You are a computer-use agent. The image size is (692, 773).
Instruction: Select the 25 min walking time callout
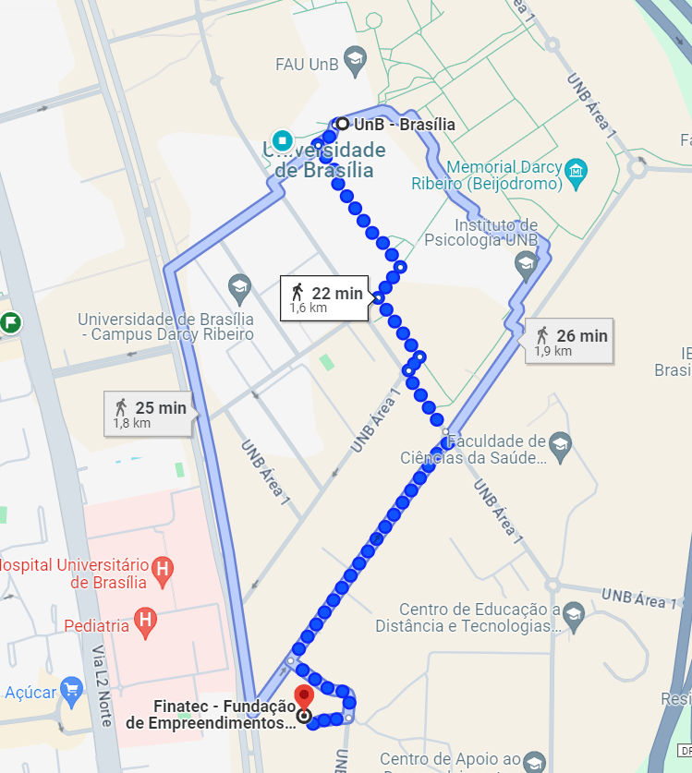tap(150, 413)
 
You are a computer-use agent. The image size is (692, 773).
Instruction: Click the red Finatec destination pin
tap(303, 696)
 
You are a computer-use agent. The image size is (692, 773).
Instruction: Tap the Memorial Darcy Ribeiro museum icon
tap(577, 172)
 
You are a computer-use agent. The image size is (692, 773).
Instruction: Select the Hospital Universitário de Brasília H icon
tap(163, 568)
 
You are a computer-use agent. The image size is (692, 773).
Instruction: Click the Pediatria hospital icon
tap(145, 623)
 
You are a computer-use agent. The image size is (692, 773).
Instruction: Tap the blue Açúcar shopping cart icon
tap(71, 690)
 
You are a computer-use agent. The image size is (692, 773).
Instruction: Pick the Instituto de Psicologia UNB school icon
tap(527, 265)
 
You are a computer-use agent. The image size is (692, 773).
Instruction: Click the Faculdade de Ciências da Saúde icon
tap(559, 443)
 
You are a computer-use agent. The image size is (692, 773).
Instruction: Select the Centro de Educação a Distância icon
tap(574, 613)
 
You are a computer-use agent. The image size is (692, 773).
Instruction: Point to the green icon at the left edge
tap(10, 323)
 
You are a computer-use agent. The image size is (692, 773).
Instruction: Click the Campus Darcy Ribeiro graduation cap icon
tap(240, 284)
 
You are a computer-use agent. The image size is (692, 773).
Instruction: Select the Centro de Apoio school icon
tap(534, 761)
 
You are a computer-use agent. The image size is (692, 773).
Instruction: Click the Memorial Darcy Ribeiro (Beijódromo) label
tap(504, 175)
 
